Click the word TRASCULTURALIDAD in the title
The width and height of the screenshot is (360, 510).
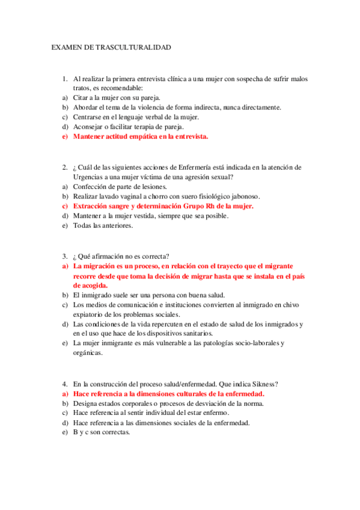coord(136,46)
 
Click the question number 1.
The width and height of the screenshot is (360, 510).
coord(64,79)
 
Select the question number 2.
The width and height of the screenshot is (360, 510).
coord(64,167)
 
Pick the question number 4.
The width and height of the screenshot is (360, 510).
coord(64,384)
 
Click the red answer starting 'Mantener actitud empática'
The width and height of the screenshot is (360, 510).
coord(141,137)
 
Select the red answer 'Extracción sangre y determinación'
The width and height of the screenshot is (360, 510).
coord(163,206)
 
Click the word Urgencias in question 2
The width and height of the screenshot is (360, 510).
coord(89,177)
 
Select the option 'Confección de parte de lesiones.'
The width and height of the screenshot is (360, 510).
coord(120,186)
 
